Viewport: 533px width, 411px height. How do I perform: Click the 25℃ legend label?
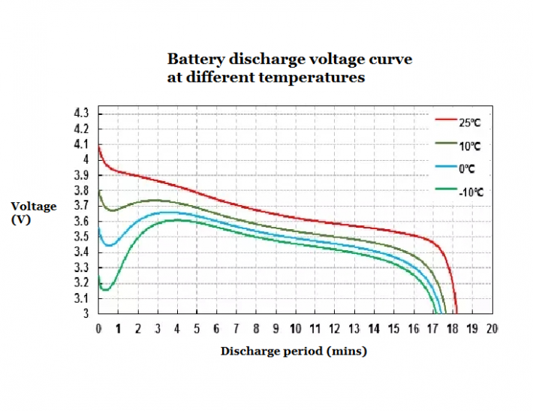(471, 122)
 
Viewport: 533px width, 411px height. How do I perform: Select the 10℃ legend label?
(471, 146)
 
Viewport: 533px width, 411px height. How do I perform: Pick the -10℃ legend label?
(471, 192)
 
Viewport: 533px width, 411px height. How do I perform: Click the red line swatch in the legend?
(446, 119)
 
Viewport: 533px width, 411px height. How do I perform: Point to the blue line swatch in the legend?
(446, 167)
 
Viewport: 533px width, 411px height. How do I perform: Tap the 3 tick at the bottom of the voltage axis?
(86, 313)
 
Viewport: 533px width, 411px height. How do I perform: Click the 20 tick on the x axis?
(492, 329)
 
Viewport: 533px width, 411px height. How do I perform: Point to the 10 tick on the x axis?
(295, 329)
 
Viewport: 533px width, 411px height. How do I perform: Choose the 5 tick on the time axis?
(197, 329)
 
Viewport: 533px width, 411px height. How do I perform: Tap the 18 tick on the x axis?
(453, 329)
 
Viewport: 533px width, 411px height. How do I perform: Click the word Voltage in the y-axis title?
(34, 207)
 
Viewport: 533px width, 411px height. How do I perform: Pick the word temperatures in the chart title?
(319, 77)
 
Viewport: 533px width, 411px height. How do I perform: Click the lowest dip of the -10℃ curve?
(106, 289)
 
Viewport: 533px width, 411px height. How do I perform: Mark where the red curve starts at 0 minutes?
(99, 145)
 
